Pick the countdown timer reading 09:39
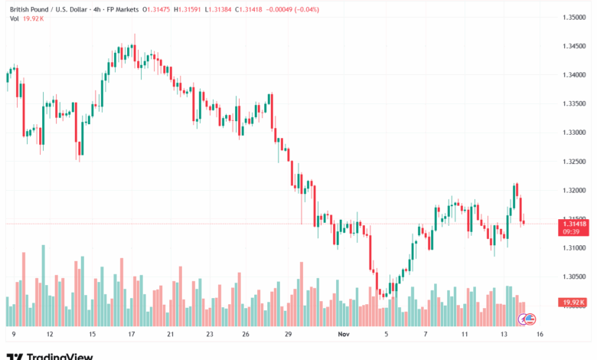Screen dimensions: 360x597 point(573,231)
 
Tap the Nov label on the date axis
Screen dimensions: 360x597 point(344,335)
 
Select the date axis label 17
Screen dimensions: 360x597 point(132,335)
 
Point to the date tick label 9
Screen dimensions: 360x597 point(14,335)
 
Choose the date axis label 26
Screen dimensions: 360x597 point(245,335)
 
